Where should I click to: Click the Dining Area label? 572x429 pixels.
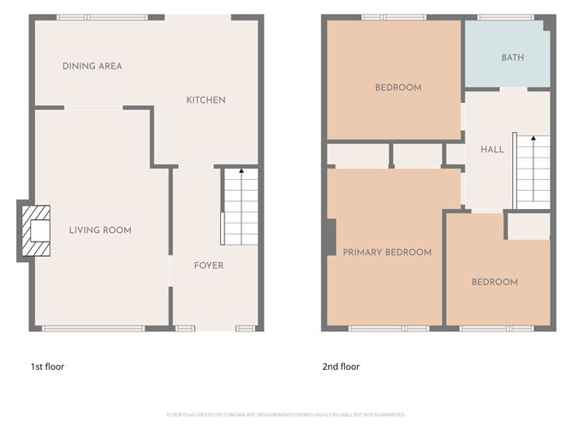pos(92,66)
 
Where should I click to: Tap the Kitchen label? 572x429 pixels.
pos(206,100)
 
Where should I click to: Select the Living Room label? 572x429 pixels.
pos(100,229)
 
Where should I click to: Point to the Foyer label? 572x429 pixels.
pos(208,265)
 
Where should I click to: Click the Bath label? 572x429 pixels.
pos(513,57)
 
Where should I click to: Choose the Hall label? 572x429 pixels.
pos(492,149)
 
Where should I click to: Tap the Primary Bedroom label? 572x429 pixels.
pos(387,252)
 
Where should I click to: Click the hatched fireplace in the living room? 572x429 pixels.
pos(36,231)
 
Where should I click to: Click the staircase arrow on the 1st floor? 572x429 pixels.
pos(241,173)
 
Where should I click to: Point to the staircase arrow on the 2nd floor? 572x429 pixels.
pos(533,140)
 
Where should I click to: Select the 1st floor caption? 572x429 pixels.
pos(48,366)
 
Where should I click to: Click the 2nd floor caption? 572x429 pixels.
pos(341,366)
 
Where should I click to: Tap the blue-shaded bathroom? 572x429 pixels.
pos(506,53)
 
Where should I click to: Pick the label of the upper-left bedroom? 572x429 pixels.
pos(398,87)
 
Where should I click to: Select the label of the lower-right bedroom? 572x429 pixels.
pos(495,282)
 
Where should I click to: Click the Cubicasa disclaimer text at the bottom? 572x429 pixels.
pos(286,414)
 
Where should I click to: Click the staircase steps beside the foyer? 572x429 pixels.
pos(241,210)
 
